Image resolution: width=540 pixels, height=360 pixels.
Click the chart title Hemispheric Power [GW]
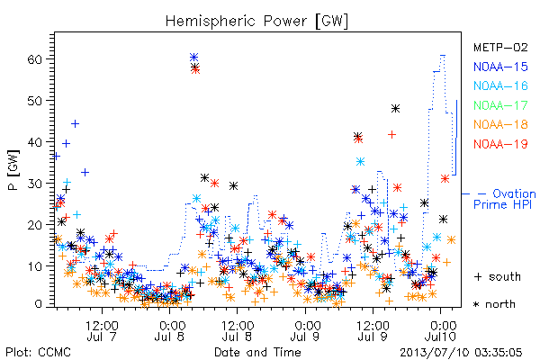[x=256, y=22]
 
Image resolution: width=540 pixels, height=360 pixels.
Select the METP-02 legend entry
[x=500, y=47]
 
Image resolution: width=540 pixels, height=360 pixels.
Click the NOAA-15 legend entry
[x=500, y=67]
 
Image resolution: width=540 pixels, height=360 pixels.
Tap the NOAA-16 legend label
[x=500, y=85]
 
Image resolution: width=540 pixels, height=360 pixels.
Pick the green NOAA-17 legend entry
[x=500, y=105]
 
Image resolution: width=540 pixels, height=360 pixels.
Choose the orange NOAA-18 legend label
[x=500, y=124]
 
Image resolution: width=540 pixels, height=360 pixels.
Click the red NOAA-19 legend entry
[x=500, y=144]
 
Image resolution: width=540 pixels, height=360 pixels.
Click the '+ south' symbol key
[x=498, y=276]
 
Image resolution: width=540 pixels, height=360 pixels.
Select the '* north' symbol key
[x=494, y=304]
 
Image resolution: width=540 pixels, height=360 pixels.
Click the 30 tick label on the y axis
[x=34, y=184]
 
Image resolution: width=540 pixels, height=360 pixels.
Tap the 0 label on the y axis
[x=39, y=304]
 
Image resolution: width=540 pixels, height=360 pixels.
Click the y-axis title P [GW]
[x=13, y=170]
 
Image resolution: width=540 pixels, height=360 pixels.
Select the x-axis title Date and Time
[x=257, y=352]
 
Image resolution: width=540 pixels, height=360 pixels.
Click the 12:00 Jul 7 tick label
[x=102, y=330]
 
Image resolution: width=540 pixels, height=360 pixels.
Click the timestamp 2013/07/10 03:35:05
[x=461, y=353]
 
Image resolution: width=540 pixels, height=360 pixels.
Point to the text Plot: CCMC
[x=38, y=353]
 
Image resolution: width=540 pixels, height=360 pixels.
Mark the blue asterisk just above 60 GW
[x=193, y=58]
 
